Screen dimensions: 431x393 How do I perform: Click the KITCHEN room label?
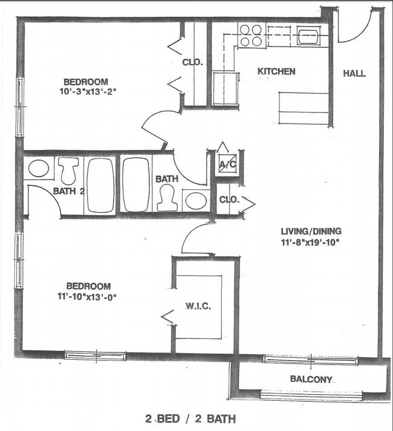276,72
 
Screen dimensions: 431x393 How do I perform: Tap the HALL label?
354,73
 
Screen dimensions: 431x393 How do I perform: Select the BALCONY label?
311,380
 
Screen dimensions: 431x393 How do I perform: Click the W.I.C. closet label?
198,306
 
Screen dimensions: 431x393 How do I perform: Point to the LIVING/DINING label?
311,231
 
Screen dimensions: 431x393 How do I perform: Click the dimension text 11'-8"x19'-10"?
311,243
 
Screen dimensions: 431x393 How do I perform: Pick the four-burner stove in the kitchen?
250,35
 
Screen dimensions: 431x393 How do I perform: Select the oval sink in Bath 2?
39,168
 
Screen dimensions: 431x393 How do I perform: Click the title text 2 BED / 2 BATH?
190,418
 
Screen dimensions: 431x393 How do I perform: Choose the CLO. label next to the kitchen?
193,62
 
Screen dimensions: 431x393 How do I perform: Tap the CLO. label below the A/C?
228,199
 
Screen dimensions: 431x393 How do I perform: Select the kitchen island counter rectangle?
302,107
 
